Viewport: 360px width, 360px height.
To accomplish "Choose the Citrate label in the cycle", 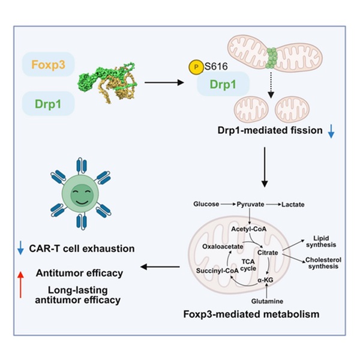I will (x=268, y=253).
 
